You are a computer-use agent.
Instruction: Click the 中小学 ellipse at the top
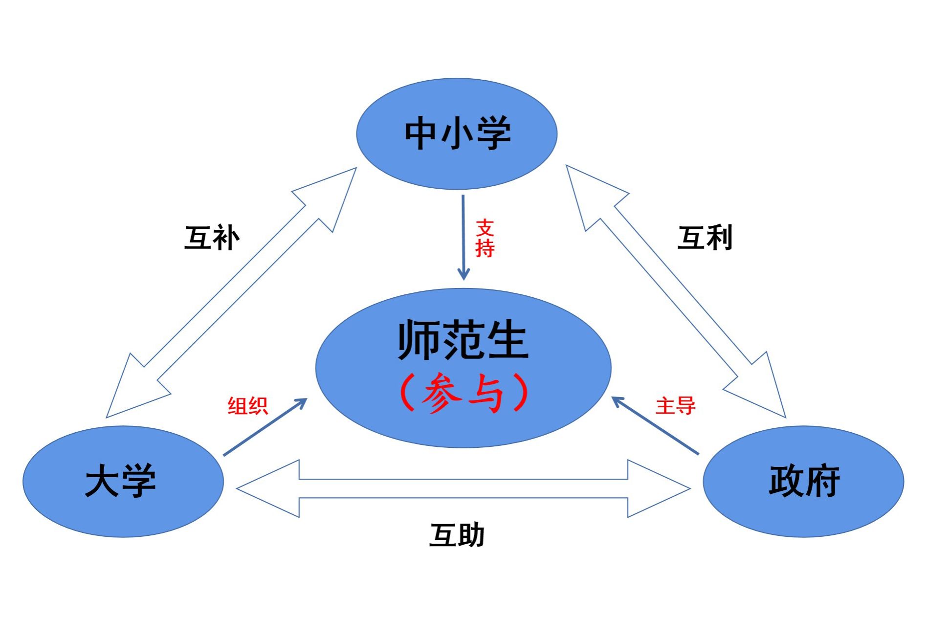click(x=456, y=161)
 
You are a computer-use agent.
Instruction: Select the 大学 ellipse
click(x=123, y=513)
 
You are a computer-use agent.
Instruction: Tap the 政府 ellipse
click(x=803, y=513)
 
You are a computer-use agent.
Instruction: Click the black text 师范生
click(x=463, y=340)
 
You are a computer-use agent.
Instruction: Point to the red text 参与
click(x=463, y=393)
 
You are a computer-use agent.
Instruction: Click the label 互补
click(x=212, y=238)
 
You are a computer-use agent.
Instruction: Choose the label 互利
click(x=705, y=238)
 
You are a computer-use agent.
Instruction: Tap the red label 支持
click(x=485, y=238)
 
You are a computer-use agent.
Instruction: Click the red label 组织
click(x=248, y=406)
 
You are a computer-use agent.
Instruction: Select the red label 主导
click(x=675, y=406)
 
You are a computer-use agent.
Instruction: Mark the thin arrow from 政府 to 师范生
click(x=655, y=425)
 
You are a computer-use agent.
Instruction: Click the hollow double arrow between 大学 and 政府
click(x=463, y=488)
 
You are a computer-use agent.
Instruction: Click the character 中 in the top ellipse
click(x=420, y=133)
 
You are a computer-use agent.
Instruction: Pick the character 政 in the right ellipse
click(x=786, y=481)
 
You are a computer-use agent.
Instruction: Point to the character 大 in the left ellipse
click(x=102, y=481)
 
